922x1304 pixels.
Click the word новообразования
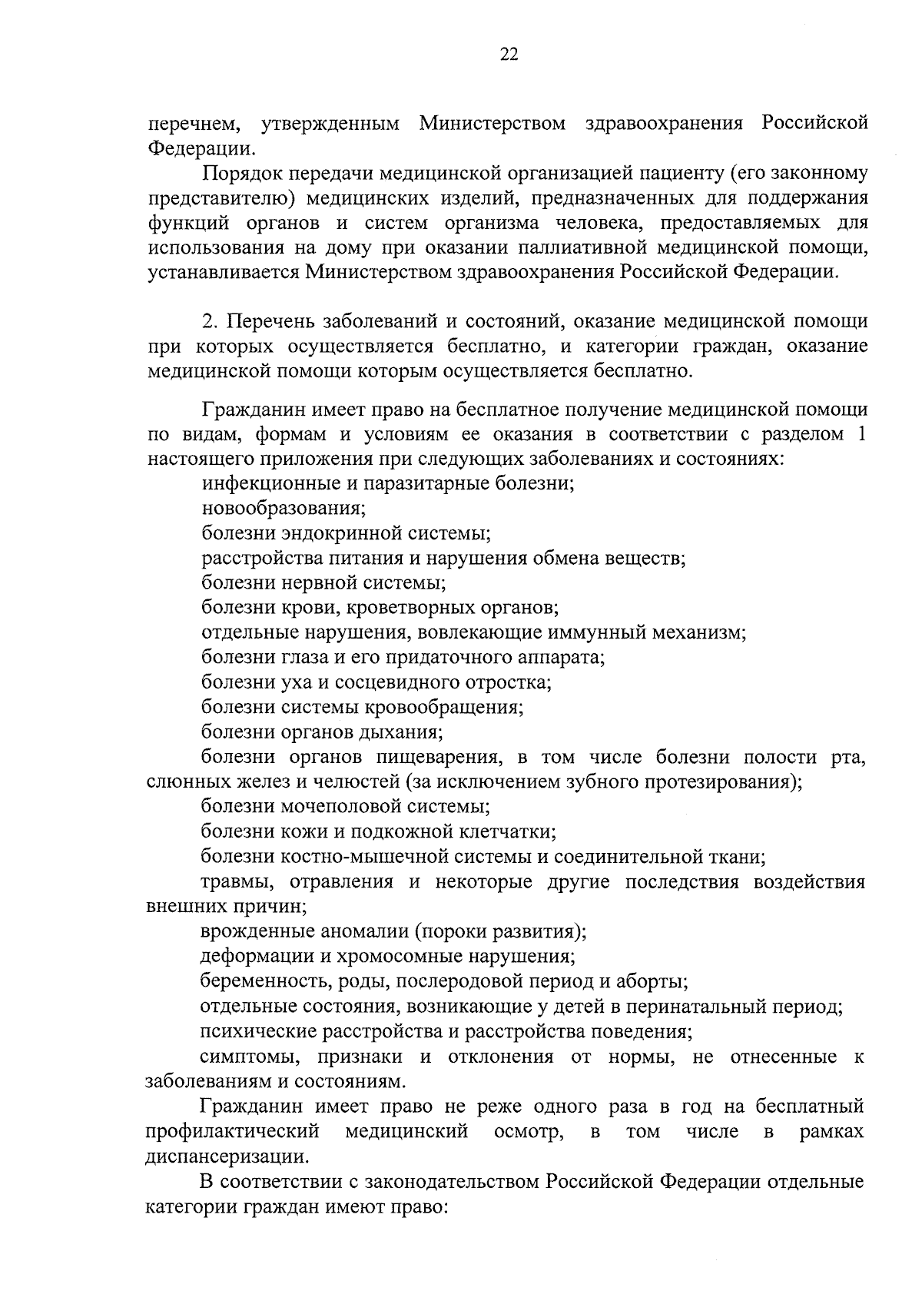(x=283, y=508)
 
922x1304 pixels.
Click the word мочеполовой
(x=339, y=807)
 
